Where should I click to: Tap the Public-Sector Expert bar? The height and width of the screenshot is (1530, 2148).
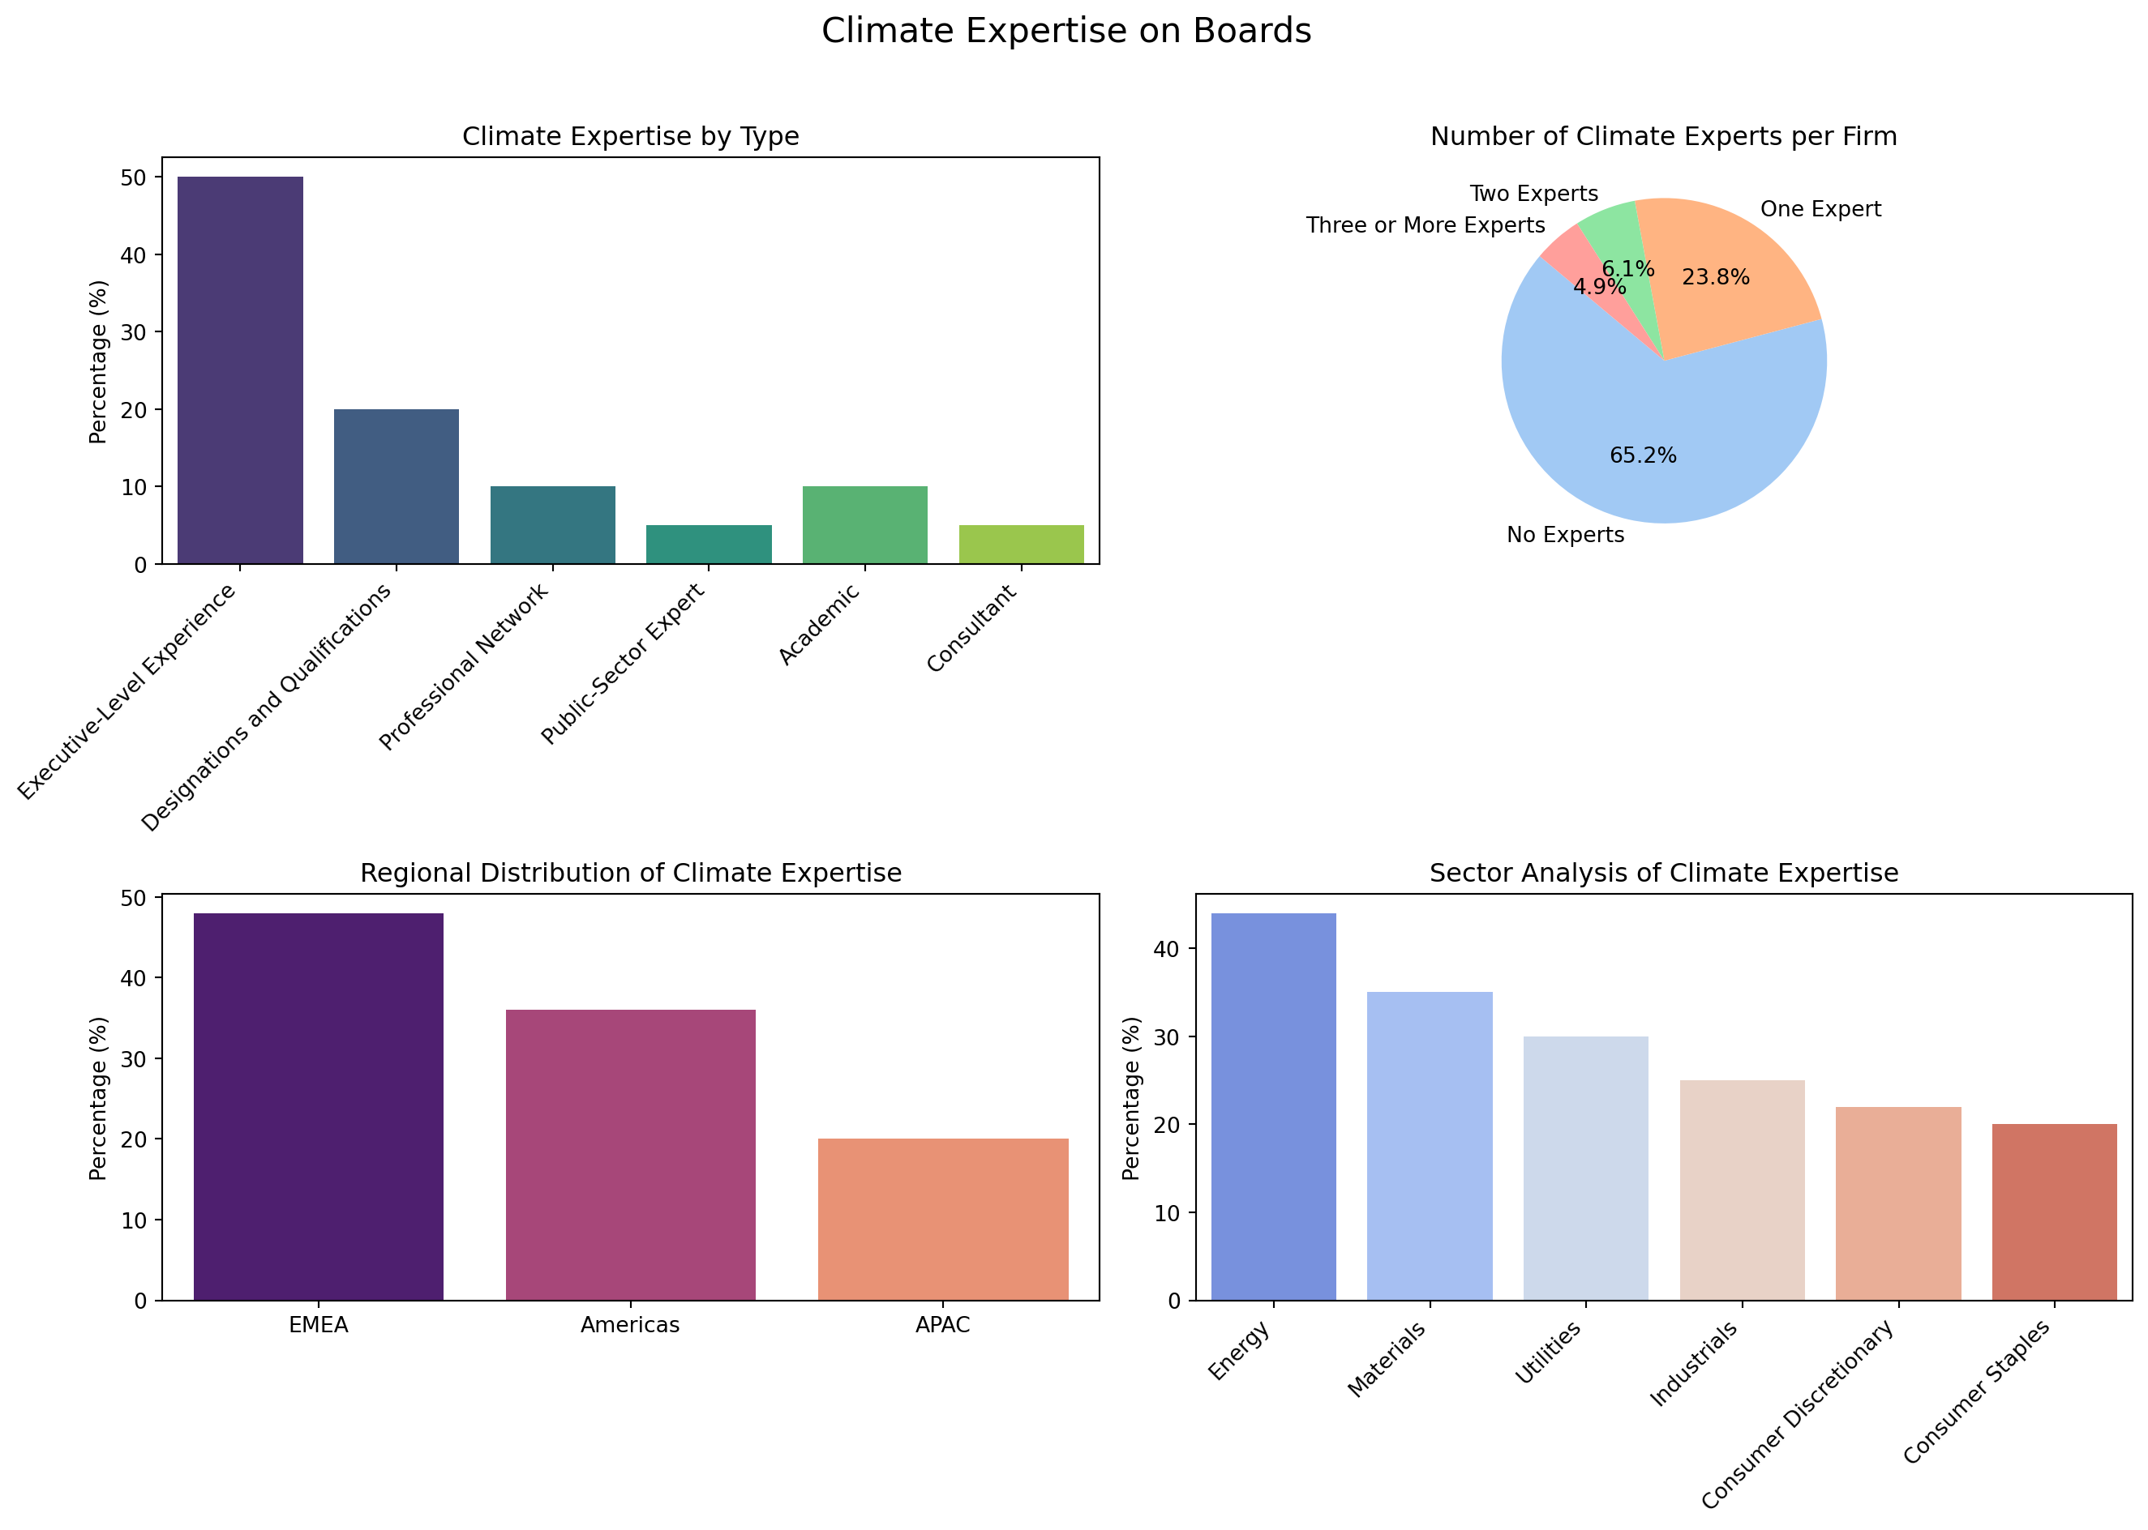[x=708, y=545]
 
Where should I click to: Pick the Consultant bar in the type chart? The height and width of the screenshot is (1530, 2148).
[x=1021, y=545]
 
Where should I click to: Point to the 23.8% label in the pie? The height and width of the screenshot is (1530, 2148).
[x=1715, y=277]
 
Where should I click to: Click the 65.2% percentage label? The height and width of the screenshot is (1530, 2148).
[x=1643, y=456]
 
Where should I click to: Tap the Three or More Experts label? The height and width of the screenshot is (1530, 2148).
[x=1425, y=225]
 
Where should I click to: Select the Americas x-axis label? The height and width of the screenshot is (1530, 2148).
[x=629, y=1325]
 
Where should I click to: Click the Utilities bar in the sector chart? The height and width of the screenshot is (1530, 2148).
[x=1585, y=1169]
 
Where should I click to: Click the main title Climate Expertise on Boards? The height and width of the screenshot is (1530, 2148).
[x=1066, y=31]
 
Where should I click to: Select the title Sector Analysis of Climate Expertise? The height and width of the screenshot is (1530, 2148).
[x=1664, y=873]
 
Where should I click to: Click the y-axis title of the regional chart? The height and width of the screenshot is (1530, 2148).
[x=98, y=1097]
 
